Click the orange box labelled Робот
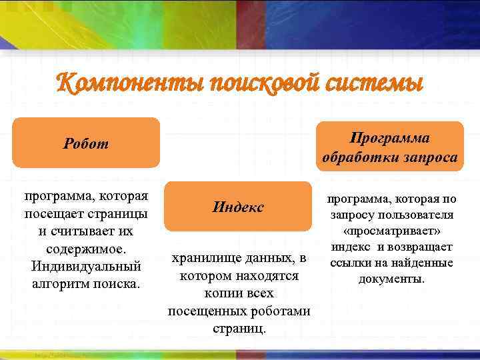click(86, 143)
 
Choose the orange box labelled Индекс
click(239, 207)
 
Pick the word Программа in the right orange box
click(389, 137)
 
